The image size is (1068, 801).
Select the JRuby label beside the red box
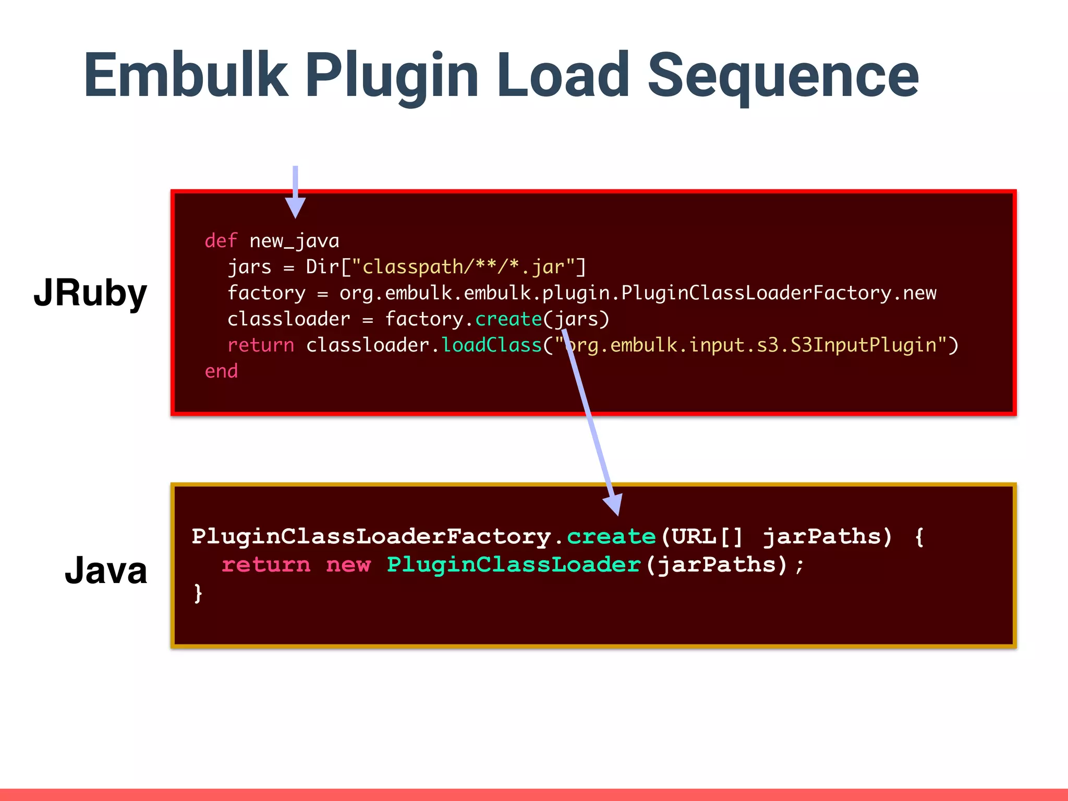click(90, 293)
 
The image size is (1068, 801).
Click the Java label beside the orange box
click(106, 570)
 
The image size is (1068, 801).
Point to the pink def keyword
click(221, 241)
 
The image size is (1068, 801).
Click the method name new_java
click(294, 241)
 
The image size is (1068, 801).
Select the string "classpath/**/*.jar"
click(463, 267)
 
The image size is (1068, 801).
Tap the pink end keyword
click(221, 371)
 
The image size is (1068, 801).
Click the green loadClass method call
click(492, 345)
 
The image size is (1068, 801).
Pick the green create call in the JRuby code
click(508, 319)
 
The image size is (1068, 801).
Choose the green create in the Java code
click(611, 537)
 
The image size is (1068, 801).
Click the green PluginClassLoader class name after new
click(514, 565)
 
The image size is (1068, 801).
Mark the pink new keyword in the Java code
click(348, 565)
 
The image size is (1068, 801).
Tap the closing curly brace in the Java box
click(198, 593)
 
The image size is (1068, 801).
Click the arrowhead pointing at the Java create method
click(614, 504)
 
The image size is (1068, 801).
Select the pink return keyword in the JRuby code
click(261, 345)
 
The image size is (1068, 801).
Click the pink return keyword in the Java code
click(266, 565)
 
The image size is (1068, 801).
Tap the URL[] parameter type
click(707, 537)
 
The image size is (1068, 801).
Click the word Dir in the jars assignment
click(322, 267)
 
